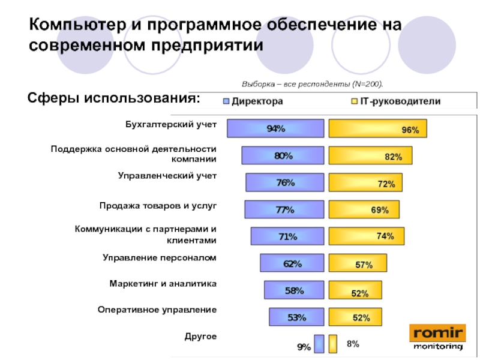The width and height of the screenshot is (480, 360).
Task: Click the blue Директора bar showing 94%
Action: [276, 128]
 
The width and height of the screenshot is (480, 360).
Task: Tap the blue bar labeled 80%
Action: [283, 155]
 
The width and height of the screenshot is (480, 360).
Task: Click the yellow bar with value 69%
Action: [364, 209]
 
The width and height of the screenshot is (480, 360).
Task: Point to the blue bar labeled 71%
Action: [287, 236]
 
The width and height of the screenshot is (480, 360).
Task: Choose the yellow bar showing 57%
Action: [358, 263]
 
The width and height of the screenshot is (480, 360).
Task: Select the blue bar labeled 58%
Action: [294, 290]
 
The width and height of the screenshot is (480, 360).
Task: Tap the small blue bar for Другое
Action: [319, 344]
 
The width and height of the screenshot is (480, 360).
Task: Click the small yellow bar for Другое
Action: [333, 344]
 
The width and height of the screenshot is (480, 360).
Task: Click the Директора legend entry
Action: [253, 102]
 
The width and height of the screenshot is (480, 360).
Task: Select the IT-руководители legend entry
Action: [396, 102]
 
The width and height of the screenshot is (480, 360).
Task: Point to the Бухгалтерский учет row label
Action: [170, 124]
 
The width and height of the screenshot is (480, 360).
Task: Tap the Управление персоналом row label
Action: [159, 257]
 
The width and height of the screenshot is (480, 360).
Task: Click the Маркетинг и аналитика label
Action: [163, 283]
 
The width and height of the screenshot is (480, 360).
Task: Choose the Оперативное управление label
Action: [157, 310]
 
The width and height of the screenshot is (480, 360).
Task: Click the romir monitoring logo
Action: [437, 337]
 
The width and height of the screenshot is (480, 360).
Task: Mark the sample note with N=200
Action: [312, 84]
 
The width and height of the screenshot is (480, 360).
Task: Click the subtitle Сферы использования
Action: [115, 98]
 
